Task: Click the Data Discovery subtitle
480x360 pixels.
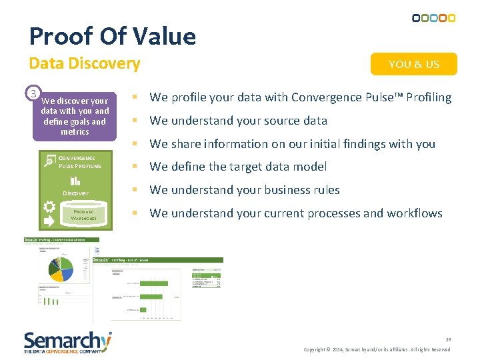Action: [85, 64]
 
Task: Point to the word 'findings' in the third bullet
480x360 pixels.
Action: [356, 144]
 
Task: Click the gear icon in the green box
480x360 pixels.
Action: [49, 207]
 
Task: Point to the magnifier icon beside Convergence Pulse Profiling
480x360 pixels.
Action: [49, 161]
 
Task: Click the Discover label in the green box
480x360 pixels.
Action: [75, 193]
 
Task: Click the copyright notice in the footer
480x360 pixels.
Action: [377, 350]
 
